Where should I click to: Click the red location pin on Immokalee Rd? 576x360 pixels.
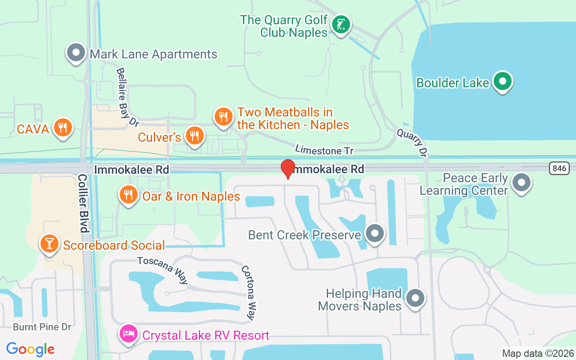288,169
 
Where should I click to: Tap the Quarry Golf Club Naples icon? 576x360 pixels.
341,24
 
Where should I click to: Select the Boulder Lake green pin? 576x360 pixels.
502,81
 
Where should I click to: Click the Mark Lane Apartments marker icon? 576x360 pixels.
76,53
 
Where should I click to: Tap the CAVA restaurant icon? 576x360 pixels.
63,128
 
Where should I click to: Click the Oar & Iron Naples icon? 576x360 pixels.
129,194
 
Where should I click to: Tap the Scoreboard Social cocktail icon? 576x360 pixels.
49,243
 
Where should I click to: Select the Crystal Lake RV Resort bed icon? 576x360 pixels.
129,334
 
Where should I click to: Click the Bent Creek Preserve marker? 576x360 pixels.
374,234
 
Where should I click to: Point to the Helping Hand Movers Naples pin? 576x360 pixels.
415,298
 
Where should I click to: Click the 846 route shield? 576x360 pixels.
559,168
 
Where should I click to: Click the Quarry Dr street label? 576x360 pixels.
411,142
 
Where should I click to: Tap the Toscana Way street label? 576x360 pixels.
162,270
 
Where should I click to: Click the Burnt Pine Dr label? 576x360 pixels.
42,327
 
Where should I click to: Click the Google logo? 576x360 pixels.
31,349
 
